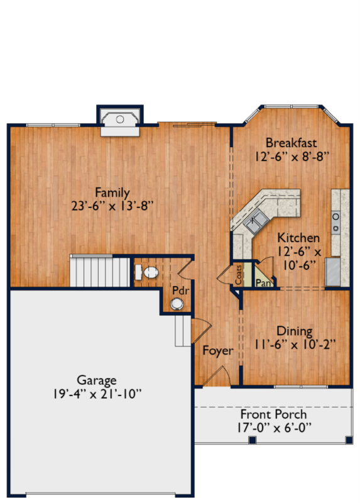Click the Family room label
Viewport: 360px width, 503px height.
112,193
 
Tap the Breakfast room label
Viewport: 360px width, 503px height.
291,143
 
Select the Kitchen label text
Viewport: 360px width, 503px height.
298,238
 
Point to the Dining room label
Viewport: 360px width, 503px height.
294,331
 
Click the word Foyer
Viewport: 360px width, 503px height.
218,351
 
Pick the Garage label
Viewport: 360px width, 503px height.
97,380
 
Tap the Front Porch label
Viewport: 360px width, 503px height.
273,414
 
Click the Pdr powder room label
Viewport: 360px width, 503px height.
180,290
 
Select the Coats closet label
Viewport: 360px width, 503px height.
238,275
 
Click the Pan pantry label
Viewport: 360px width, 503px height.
263,283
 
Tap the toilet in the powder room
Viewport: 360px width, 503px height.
147,272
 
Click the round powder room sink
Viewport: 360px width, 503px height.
177,304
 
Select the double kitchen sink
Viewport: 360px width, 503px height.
256,221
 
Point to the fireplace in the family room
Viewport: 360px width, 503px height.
120,122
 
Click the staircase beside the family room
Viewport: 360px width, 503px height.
100,270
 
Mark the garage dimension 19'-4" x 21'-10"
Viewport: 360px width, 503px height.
97,394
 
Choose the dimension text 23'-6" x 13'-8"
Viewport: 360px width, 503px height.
112,206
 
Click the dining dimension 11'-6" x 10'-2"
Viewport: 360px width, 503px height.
295,345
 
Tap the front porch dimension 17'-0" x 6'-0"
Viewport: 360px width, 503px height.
274,428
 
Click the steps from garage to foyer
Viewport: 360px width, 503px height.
183,331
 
